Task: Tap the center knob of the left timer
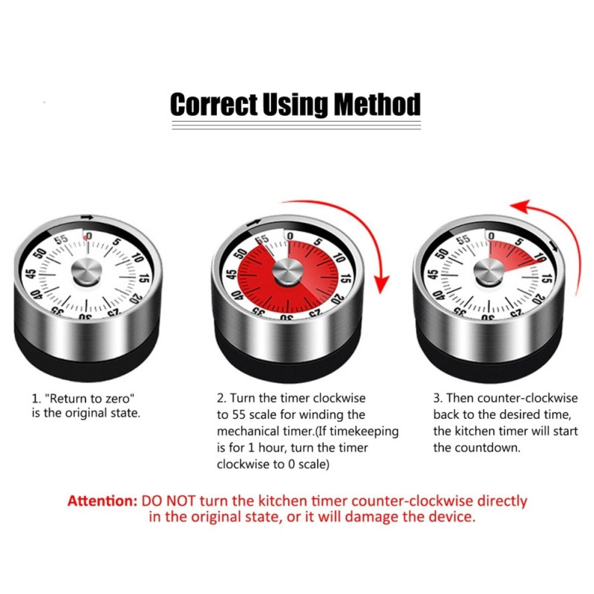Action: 86,272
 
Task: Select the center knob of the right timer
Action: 486,272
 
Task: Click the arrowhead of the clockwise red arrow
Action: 382,283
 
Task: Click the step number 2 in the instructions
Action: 219,399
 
